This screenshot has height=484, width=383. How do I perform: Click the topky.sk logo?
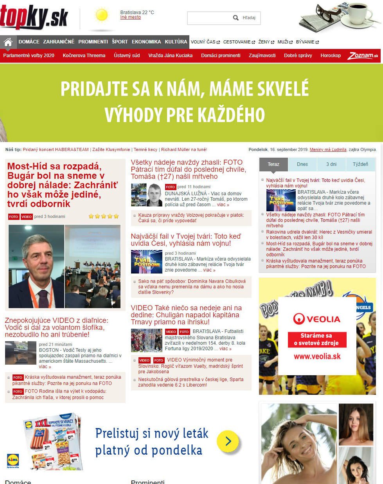point(34,18)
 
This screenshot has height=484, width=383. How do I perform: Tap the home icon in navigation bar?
point(8,42)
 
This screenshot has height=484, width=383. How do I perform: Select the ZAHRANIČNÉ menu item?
point(59,42)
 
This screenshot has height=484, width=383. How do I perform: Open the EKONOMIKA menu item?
point(146,42)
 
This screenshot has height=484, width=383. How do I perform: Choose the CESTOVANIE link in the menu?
point(237,42)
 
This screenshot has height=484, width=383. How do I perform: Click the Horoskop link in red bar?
point(331,56)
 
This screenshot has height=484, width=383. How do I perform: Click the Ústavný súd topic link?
point(127,56)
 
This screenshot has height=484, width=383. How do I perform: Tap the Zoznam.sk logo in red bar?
point(363,56)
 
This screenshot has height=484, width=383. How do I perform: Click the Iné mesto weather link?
point(130,18)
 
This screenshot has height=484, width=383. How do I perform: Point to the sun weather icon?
point(102,15)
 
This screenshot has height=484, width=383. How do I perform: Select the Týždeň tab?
point(360,164)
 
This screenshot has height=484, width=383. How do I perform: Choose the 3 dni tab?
point(331,164)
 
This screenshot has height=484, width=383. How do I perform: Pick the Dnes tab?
point(302,164)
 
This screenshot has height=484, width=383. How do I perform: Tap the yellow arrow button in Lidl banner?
point(228,441)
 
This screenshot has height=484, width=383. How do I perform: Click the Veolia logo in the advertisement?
point(317,319)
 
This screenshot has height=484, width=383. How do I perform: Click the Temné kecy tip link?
point(146,149)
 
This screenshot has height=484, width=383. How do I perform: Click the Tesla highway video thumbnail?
point(21,353)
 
